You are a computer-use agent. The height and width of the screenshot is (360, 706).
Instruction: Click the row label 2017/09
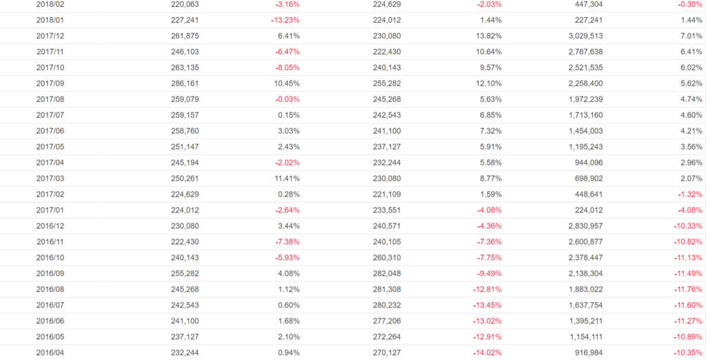[x=50, y=83]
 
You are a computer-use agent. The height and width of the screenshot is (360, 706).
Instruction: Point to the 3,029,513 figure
[x=584, y=36]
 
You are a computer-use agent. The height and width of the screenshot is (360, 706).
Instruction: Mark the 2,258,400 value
[x=584, y=83]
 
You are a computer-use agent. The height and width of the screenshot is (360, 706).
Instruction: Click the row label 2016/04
[x=50, y=353]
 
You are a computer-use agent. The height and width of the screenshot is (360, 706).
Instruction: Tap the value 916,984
[x=588, y=353]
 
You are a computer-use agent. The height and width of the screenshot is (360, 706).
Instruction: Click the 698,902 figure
[x=588, y=179]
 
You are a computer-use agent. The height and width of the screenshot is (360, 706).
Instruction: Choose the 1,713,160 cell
[x=584, y=115]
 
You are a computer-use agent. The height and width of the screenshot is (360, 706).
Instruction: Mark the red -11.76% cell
[x=689, y=290]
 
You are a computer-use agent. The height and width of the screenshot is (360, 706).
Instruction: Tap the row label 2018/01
[x=50, y=20]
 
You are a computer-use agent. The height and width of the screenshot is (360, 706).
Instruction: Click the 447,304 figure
[x=588, y=4]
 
